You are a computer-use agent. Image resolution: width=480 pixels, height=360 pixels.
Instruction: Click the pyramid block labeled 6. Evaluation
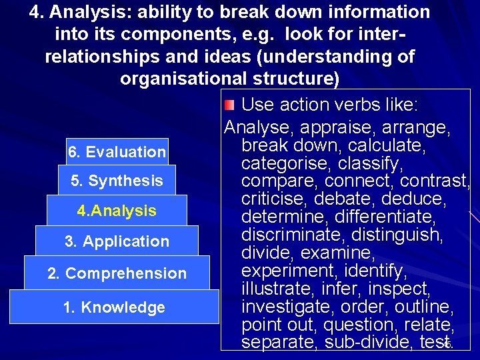[117, 152]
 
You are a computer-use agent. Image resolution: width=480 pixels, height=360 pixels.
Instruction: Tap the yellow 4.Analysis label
[117, 211]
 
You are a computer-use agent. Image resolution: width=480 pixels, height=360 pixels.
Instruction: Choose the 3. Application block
[117, 241]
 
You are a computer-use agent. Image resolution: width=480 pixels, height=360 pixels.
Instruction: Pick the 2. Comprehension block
[117, 273]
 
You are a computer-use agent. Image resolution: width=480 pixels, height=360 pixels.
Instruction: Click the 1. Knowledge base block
[114, 307]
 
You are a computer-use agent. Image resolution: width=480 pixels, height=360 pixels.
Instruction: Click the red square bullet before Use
[229, 105]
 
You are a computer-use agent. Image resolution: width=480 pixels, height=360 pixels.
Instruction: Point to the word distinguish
[396, 235]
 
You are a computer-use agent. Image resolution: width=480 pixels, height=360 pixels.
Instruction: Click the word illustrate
[273, 289]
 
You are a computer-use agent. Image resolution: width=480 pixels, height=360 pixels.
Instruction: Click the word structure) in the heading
[294, 79]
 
